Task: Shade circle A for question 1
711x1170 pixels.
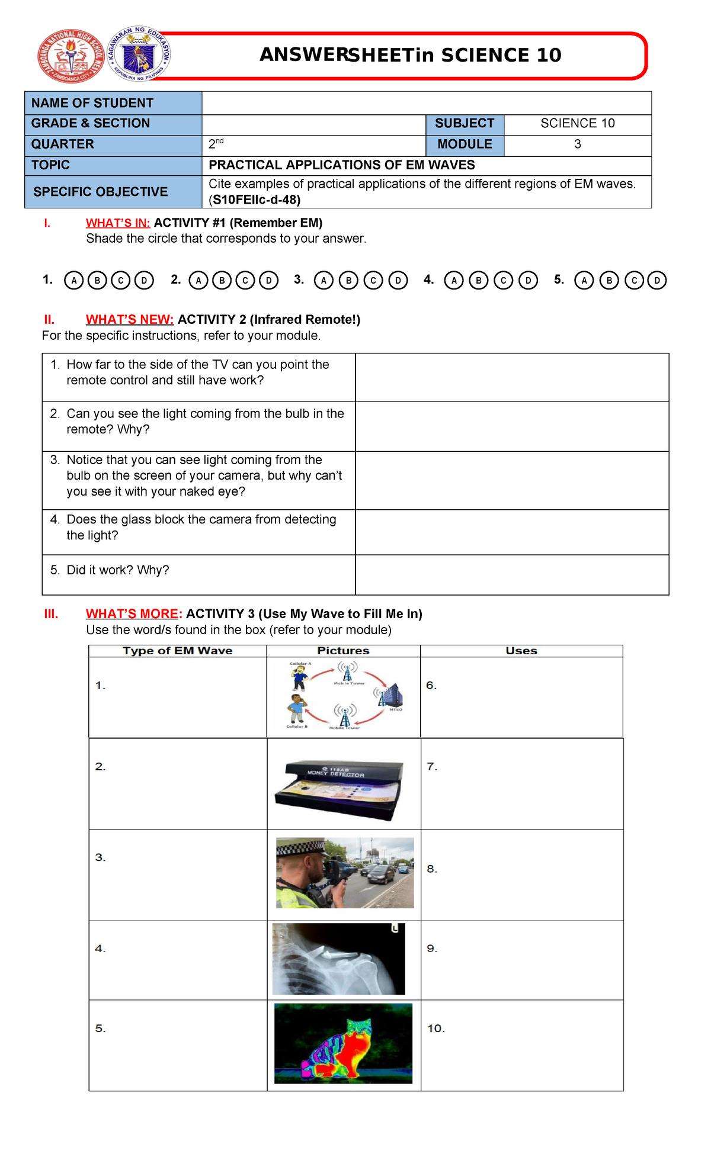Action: pos(73,280)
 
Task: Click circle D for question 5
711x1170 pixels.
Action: pos(656,280)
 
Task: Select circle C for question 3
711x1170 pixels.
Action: pos(373,280)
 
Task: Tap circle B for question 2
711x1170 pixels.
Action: pos(222,280)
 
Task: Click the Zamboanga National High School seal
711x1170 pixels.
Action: pos(71,56)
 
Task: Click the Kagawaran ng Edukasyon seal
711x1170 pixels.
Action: pos(139,54)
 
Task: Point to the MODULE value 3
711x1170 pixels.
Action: pos(577,144)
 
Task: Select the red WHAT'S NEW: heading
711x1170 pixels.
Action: pos(129,320)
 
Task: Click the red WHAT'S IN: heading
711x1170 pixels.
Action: pos(118,223)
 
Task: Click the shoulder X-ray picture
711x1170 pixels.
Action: pos(338,959)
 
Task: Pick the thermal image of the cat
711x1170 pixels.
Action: pos(343,1043)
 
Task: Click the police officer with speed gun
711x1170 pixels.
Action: pos(345,873)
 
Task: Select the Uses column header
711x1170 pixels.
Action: pos(521,651)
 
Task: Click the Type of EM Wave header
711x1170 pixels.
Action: pos(177,651)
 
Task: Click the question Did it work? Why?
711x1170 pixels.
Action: pos(117,570)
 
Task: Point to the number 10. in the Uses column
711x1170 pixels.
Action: pos(436,1028)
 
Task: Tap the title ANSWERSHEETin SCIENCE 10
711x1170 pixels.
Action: pos(410,55)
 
